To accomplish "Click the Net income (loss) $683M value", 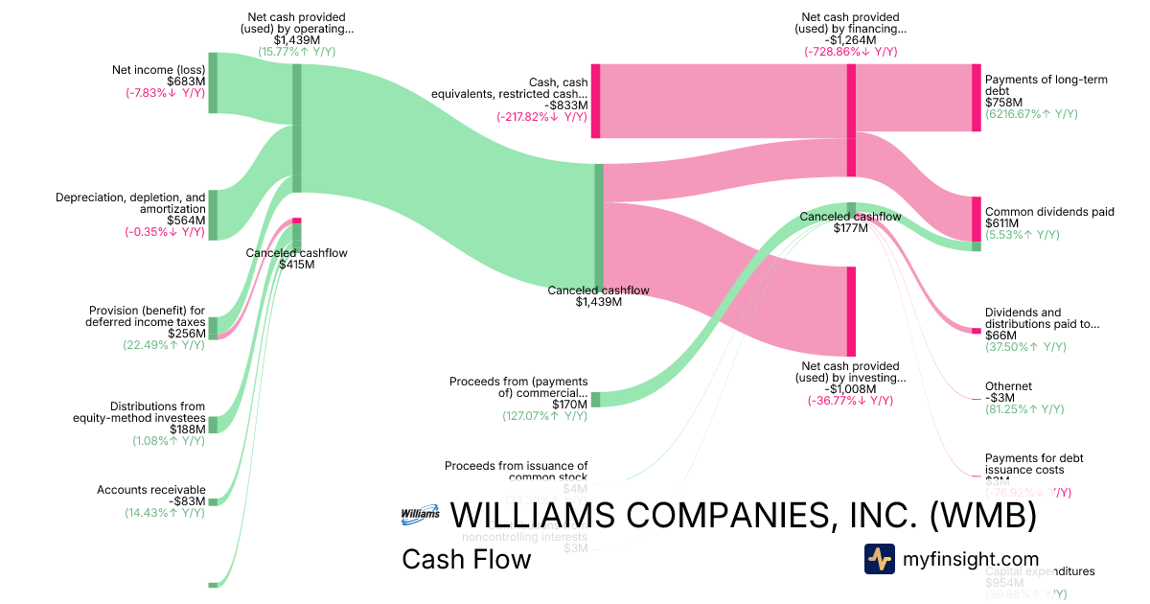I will coord(186,81).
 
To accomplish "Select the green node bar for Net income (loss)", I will coord(213,83).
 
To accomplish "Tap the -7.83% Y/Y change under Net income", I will coord(165,93).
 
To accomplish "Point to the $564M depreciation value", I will coord(186,220).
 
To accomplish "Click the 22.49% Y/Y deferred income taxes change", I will coord(164,345).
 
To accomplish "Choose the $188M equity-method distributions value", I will coord(186,430).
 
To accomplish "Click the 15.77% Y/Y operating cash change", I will coord(296,51).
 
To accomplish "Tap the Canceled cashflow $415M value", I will coord(296,265).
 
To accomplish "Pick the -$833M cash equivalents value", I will coord(568,105).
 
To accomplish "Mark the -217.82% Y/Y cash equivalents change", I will coord(541,117).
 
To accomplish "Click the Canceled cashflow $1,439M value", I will coord(599,302).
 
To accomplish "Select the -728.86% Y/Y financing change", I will coord(851,51).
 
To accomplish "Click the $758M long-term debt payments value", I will coord(1002,102).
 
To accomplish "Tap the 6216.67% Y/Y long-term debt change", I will coord(1031,113).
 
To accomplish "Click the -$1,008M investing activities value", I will coord(851,389).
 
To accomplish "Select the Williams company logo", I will coord(421,514).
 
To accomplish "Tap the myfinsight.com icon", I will coord(879,559).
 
